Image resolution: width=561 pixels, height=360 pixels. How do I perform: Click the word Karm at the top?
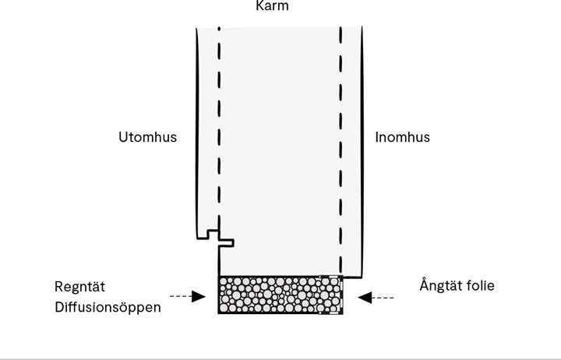[x=272, y=6]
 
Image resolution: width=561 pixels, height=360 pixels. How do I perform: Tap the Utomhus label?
[x=147, y=137]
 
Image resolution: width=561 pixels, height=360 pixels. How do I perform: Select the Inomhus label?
[x=402, y=137]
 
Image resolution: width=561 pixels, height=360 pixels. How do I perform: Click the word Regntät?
[x=81, y=286]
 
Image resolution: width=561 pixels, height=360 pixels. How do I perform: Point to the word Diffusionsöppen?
[x=108, y=307]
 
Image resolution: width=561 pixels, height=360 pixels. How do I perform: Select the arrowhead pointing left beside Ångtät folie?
[x=365, y=297]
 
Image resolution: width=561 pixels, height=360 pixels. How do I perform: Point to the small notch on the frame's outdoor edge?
[x=219, y=236]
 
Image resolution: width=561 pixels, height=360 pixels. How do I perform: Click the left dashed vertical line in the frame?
[x=219, y=132]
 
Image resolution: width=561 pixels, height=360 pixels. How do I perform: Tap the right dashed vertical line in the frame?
[x=340, y=132]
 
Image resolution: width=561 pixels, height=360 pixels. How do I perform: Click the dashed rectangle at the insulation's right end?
[x=331, y=295]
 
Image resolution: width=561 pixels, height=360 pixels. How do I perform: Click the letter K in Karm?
[x=260, y=6]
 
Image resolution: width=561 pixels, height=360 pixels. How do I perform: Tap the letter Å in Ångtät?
[x=425, y=285]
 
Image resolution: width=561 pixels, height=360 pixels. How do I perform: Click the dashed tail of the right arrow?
[x=386, y=297]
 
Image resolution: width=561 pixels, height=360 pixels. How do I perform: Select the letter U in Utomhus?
[x=123, y=137]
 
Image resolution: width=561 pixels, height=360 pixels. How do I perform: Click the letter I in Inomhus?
[x=377, y=137]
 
